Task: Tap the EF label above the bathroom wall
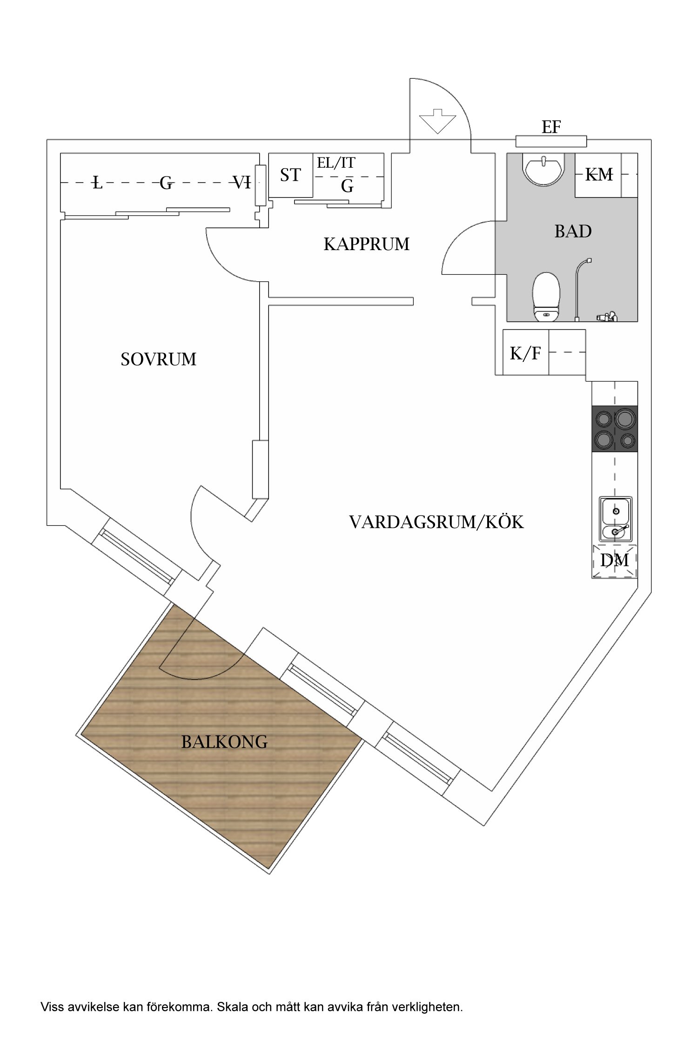pos(551,127)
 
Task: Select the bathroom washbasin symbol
pos(544,170)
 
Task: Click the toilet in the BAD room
pos(545,296)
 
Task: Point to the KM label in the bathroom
pos(598,175)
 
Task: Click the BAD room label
pos(573,231)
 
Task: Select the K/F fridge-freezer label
pos(525,354)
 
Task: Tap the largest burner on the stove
pos(625,418)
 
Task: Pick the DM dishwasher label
pos(614,560)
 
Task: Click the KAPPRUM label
pos(366,244)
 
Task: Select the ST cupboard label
pos(290,175)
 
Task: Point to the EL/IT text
pos(336,163)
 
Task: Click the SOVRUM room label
pos(158,359)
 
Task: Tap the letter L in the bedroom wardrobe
pos(97,183)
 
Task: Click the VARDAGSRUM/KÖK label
pos(436,522)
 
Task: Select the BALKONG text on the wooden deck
pos(224,742)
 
